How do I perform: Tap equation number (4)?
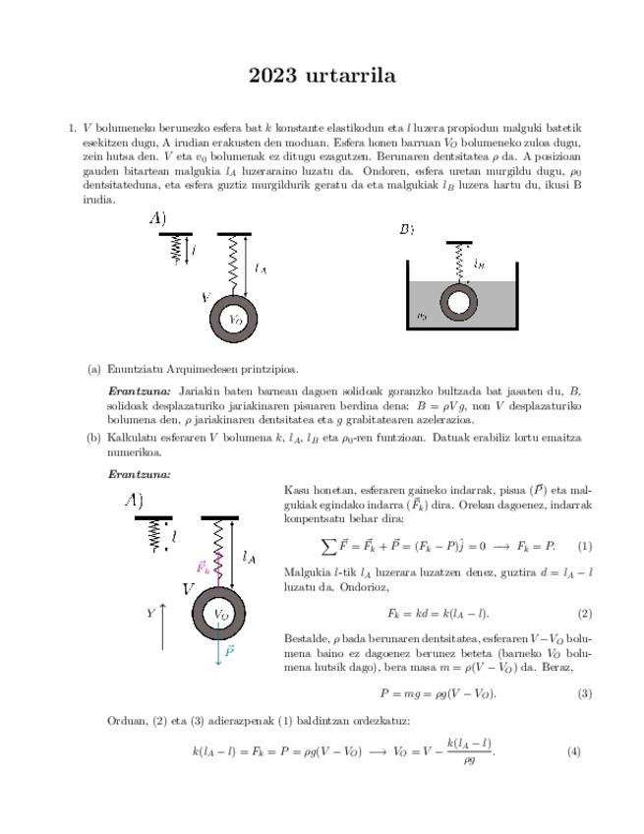pyautogui.click(x=574, y=752)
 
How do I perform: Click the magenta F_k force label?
pyautogui.click(x=204, y=567)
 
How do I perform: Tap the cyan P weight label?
pyautogui.click(x=229, y=650)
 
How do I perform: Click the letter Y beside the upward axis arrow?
pyautogui.click(x=150, y=613)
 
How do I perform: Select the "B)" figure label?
pyautogui.click(x=406, y=229)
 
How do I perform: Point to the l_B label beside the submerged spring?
pyautogui.click(x=479, y=265)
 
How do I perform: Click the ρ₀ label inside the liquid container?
pyautogui.click(x=421, y=317)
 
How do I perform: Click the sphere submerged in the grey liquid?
pyautogui.click(x=457, y=302)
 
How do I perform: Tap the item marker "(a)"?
pyautogui.click(x=94, y=370)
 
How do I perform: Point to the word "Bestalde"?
pyautogui.click(x=305, y=637)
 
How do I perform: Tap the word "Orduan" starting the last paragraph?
pyautogui.click(x=125, y=720)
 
